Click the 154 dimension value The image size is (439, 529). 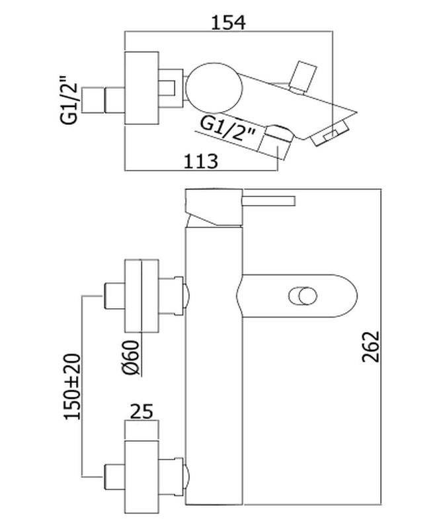click(229, 22)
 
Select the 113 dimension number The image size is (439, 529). click(201, 161)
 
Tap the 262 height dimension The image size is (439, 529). click(371, 346)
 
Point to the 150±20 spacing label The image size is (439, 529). click(72, 387)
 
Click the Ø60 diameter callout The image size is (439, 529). click(130, 357)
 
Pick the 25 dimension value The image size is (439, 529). click(141, 411)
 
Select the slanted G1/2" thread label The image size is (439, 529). click(228, 130)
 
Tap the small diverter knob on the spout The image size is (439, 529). click(303, 296)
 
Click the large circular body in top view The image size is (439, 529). click(214, 89)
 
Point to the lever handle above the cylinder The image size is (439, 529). click(268, 201)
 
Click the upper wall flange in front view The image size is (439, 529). click(141, 296)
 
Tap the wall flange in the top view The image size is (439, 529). click(141, 88)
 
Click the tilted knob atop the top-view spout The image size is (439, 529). click(303, 77)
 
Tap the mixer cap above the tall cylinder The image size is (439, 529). click(214, 207)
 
